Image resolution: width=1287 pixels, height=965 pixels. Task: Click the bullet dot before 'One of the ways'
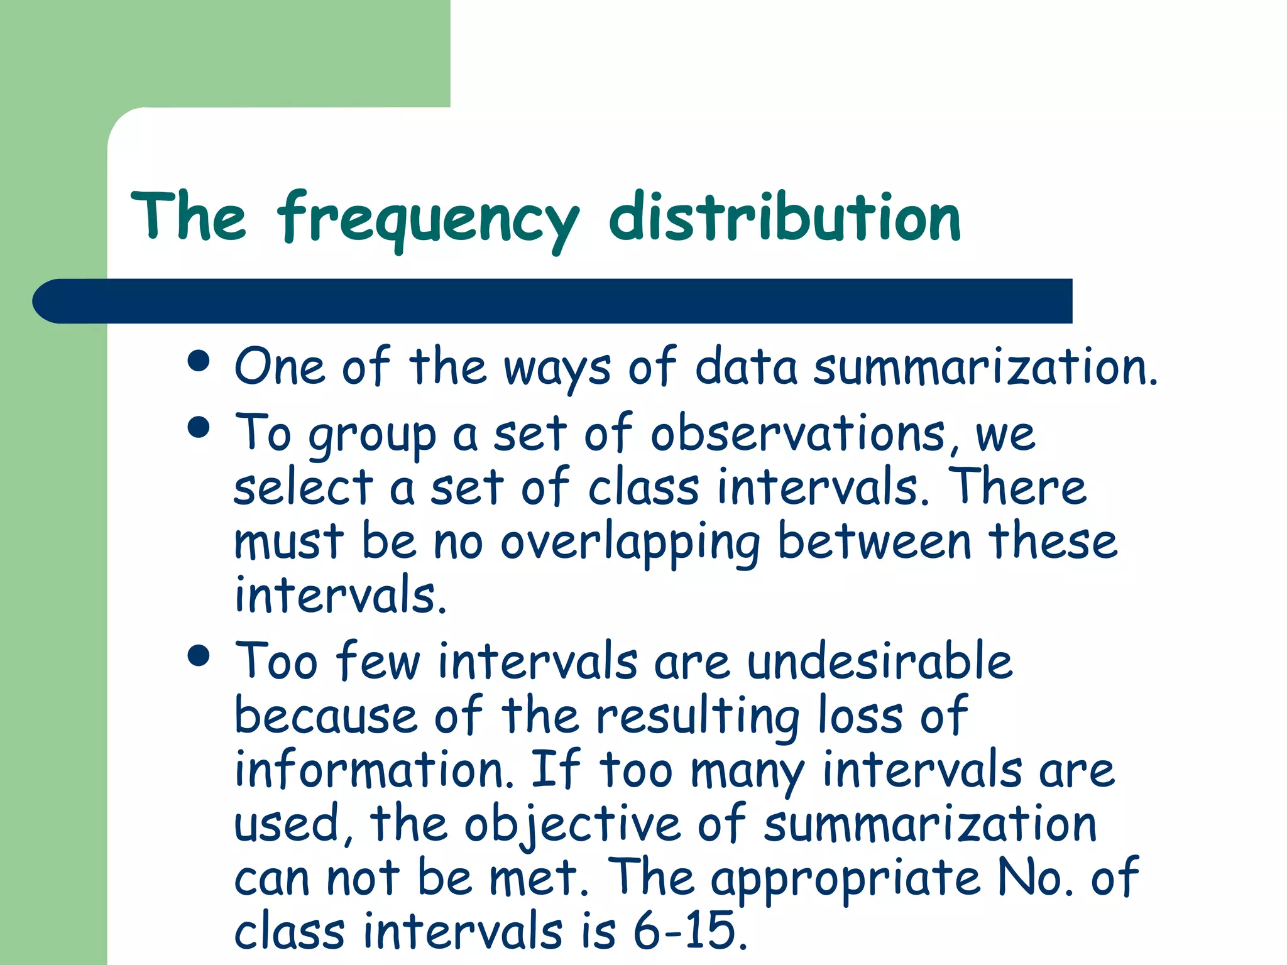click(x=199, y=362)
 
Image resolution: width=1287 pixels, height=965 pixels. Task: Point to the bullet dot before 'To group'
click(x=199, y=428)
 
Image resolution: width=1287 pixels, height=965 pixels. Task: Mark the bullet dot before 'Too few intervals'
click(x=199, y=655)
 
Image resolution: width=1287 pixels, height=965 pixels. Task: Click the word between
click(x=874, y=542)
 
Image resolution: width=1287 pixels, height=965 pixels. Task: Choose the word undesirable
click(x=880, y=662)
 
